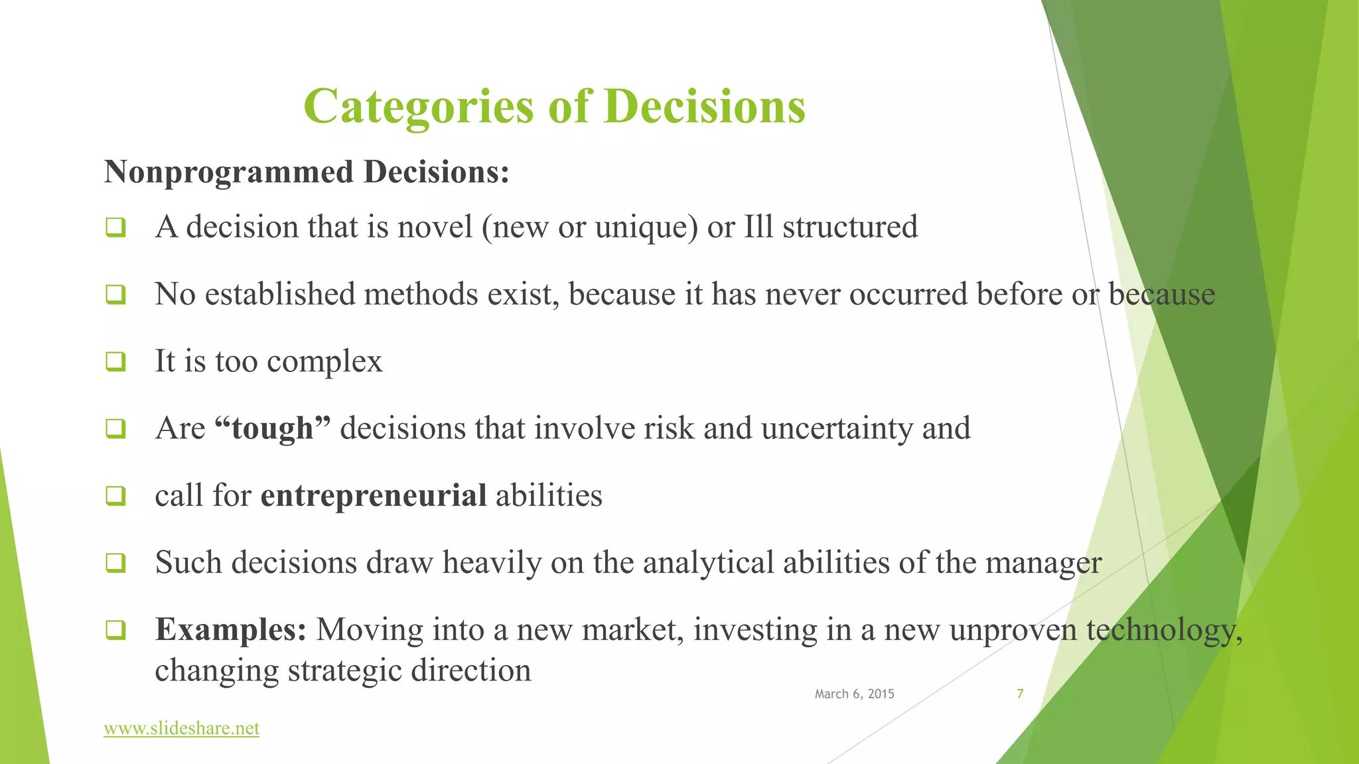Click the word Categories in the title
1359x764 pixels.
(418, 107)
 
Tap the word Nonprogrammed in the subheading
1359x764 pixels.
(229, 172)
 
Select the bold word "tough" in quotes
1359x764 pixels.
(273, 428)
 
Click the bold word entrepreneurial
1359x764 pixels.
(374, 496)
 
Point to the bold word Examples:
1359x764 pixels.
(230, 629)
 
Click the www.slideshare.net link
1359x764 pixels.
(181, 728)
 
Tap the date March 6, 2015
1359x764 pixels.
(854, 694)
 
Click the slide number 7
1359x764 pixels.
(1020, 694)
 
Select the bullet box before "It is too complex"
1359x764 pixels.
(115, 361)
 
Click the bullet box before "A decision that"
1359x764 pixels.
(115, 227)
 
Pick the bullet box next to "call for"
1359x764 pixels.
(115, 495)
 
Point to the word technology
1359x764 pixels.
(1163, 630)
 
